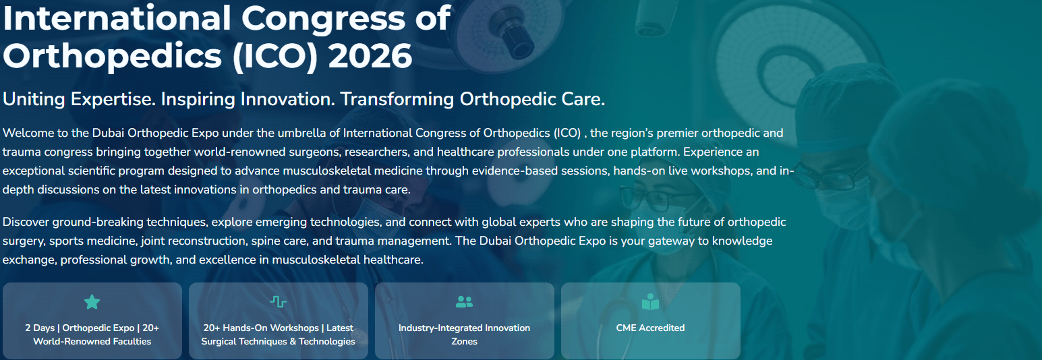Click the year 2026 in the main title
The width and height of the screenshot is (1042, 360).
(x=370, y=56)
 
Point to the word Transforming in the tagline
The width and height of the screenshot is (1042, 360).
(x=397, y=99)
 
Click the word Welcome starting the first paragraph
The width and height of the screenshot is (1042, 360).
(x=28, y=133)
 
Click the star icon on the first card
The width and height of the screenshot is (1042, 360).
(x=92, y=302)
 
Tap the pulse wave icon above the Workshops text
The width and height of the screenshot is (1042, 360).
(x=278, y=302)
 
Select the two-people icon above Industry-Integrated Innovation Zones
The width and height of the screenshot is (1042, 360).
(x=464, y=302)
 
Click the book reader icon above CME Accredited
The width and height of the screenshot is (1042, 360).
(x=650, y=302)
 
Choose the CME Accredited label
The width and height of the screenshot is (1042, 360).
(x=650, y=328)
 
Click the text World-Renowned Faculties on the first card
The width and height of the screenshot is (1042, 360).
(x=92, y=341)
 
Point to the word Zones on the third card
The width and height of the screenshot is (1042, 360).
(x=464, y=341)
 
